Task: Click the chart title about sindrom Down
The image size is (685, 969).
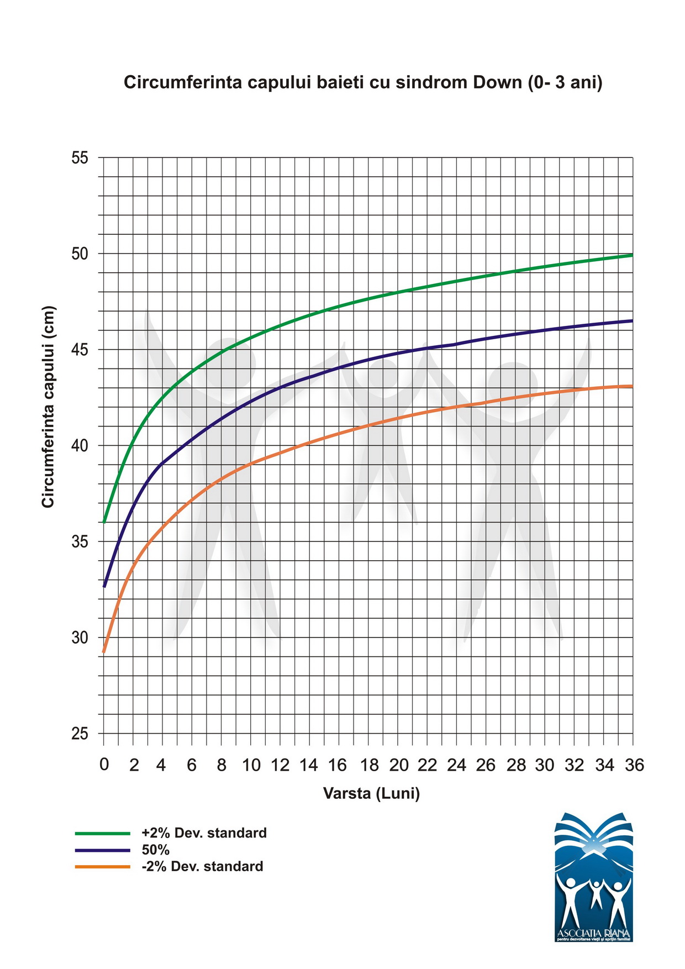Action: point(363,82)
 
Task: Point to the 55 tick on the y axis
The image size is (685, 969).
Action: point(80,158)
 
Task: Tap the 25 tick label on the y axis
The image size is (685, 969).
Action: point(80,734)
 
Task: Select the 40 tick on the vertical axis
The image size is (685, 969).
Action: point(80,446)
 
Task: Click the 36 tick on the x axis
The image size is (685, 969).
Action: point(634,765)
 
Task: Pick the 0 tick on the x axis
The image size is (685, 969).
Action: point(104,765)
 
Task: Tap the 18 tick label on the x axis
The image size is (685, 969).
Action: point(369,765)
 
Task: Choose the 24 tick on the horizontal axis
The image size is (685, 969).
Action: point(457,765)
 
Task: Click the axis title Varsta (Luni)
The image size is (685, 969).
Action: point(371,794)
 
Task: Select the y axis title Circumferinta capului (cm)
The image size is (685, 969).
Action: point(49,407)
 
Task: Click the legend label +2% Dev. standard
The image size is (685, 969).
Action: point(204,833)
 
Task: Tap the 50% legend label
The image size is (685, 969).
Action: point(155,850)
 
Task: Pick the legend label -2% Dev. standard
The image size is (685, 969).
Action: point(202,866)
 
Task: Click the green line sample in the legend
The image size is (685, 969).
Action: point(103,833)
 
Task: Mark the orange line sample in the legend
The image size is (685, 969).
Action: point(103,867)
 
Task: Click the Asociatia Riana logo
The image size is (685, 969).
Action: point(593,877)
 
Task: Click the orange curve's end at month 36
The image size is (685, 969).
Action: point(632,386)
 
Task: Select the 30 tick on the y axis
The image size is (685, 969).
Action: point(80,638)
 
